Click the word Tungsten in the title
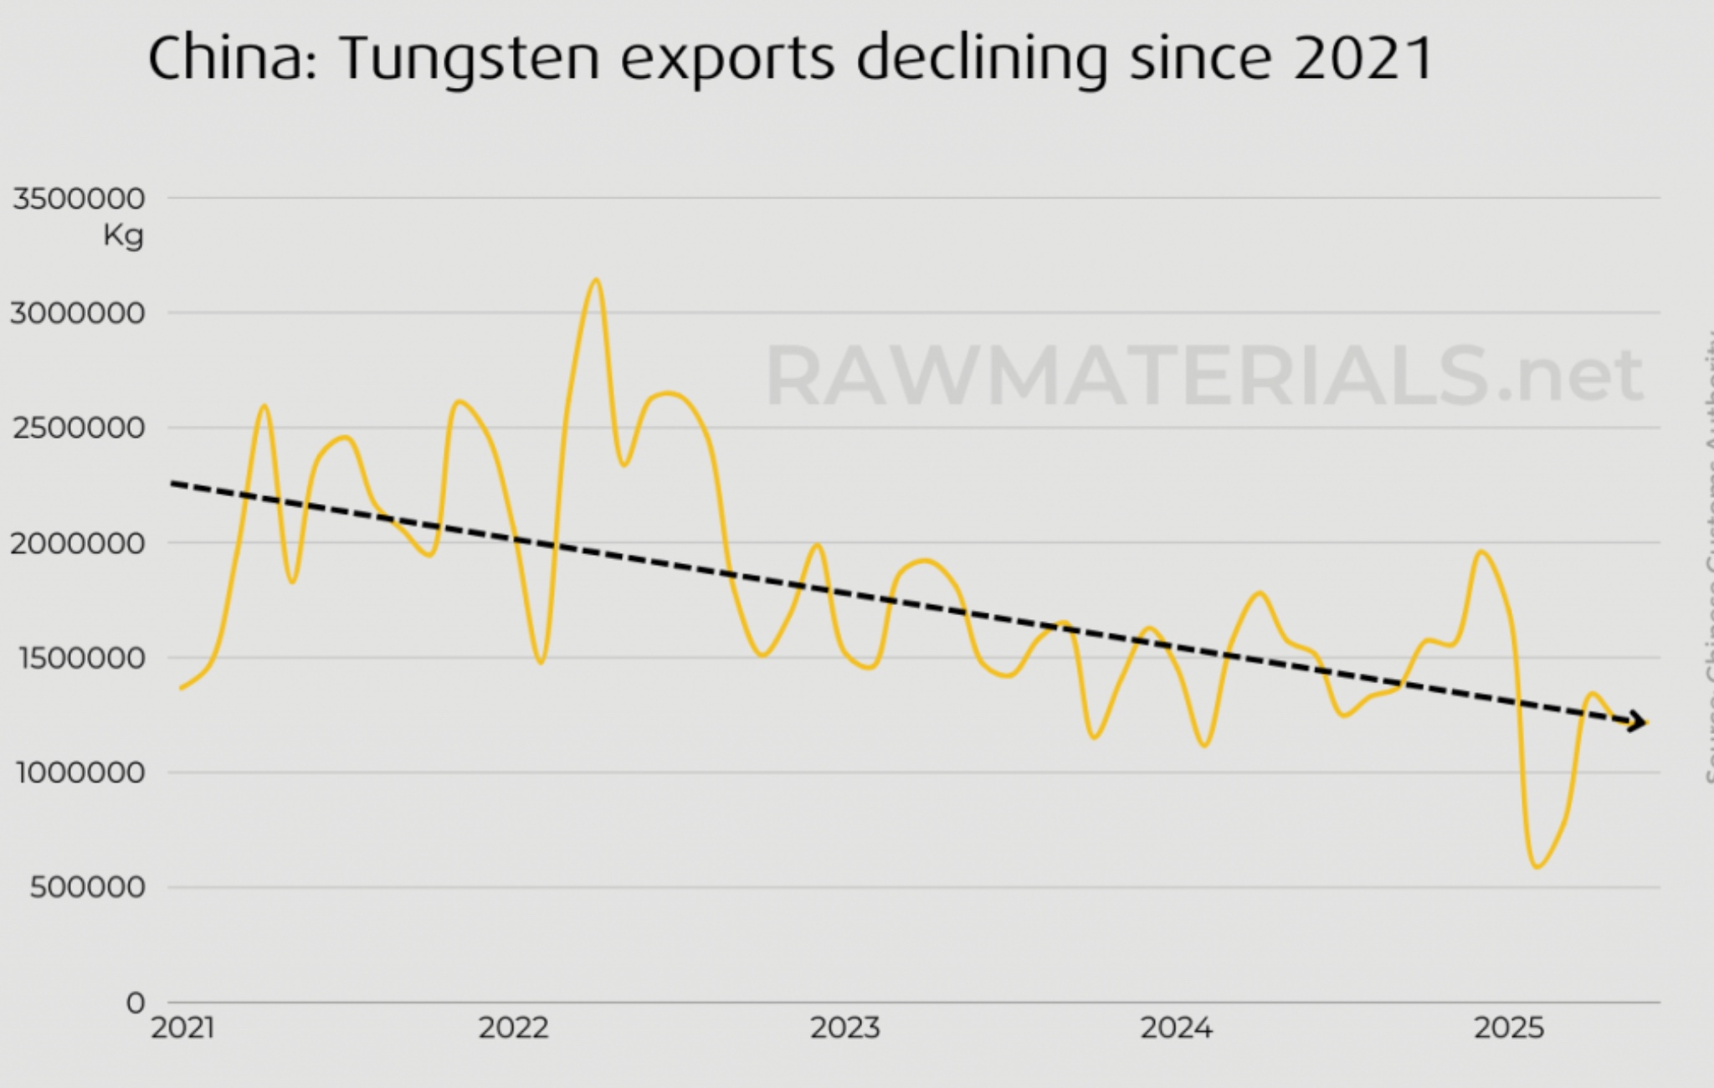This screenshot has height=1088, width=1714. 470,59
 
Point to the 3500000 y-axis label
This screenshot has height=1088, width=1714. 79,199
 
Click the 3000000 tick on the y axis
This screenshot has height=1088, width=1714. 78,314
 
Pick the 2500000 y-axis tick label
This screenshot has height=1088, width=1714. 79,429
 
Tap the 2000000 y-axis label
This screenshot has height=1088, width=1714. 78,543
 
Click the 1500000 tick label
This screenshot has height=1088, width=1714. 80,658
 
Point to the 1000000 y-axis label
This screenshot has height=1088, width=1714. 80,772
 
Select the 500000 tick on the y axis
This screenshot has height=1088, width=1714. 87,887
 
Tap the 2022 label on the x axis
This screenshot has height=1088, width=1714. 513,1028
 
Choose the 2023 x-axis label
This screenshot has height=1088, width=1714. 844,1028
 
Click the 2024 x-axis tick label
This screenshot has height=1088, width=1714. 1176,1028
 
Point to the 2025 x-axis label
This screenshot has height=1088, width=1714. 1508,1028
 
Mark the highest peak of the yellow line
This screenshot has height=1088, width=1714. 596,280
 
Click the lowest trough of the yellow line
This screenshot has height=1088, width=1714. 1537,866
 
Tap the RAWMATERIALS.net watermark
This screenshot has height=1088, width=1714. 1203,377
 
